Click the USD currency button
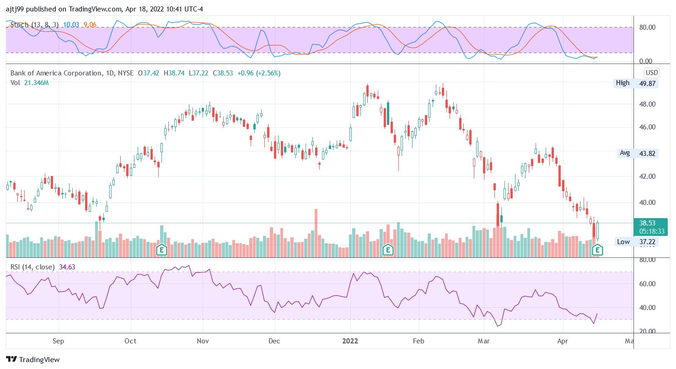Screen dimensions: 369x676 (651, 73)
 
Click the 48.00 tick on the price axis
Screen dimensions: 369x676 (647, 104)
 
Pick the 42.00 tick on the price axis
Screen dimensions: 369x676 (647, 176)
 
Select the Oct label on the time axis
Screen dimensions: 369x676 (131, 341)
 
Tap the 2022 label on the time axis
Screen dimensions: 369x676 (350, 341)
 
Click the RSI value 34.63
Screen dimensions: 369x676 (67, 267)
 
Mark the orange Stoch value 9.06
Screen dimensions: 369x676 (91, 25)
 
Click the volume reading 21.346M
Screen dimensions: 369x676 (36, 83)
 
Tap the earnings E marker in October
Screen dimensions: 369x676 (161, 250)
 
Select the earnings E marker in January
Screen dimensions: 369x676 (388, 250)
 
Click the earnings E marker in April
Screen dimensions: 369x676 (597, 250)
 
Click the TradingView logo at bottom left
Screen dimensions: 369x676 (33, 359)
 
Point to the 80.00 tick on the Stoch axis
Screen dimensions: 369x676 (647, 27)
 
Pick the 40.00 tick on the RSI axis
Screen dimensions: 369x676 (647, 307)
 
